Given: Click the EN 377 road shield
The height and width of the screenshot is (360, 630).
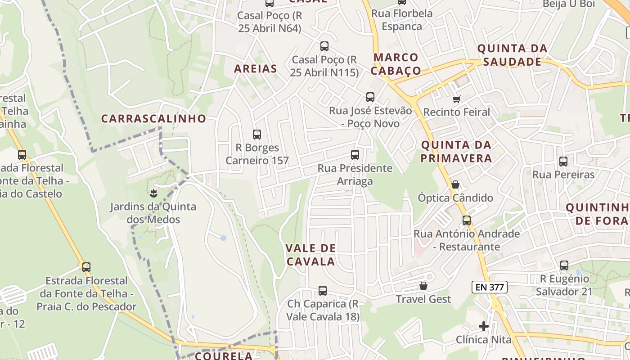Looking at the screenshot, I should (490, 287).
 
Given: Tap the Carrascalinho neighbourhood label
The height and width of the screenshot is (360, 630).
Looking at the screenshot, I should (153, 119).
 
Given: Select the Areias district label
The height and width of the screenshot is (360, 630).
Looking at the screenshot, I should (255, 69).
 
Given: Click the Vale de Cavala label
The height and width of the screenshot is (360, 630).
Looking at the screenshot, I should (310, 255).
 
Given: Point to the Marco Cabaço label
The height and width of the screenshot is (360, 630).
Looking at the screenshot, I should (396, 64).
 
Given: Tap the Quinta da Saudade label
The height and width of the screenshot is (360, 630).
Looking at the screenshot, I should (512, 55).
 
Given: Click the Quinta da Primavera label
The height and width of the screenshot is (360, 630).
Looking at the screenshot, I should (456, 152).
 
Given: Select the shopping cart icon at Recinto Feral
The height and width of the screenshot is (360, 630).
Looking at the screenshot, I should (457, 99).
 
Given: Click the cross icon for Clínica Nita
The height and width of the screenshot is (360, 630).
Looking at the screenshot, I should (484, 326).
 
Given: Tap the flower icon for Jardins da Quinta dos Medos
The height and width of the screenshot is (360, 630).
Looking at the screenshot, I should (153, 193).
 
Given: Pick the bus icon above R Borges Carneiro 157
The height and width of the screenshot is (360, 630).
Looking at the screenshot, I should (257, 134).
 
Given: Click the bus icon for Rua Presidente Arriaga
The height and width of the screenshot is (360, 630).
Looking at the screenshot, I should (355, 155).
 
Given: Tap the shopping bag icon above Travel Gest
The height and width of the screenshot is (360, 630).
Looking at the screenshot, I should (423, 286).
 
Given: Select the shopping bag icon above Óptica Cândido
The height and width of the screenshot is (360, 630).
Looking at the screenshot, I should (455, 184).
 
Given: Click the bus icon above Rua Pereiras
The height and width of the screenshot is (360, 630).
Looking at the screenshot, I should (563, 161).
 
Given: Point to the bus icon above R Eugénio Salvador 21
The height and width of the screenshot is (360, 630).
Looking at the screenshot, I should (564, 265).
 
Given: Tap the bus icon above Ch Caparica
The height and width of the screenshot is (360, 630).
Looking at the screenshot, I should (323, 291).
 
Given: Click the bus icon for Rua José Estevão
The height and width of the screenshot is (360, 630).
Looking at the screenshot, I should (370, 97).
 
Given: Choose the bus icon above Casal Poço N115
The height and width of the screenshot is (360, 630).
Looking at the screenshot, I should (324, 46).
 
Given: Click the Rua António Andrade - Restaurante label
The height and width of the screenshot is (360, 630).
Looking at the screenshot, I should (467, 240).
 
